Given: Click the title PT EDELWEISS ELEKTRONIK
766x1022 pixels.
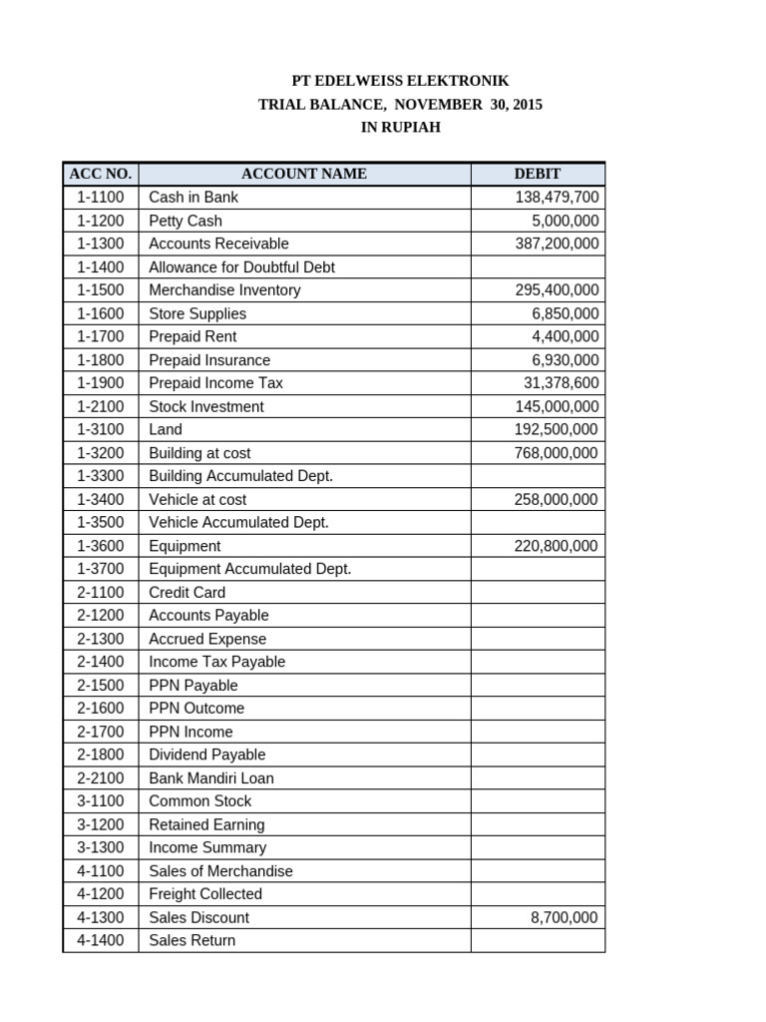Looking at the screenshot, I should click(399, 81).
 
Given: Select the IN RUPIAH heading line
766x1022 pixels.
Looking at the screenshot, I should click(399, 128).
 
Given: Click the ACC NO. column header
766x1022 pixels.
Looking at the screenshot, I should click(100, 174).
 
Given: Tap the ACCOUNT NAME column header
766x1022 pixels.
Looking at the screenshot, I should click(304, 174).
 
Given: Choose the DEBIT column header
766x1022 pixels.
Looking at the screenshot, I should click(537, 174).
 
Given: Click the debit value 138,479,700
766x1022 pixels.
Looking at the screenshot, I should click(557, 198).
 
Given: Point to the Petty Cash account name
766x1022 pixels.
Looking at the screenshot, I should click(186, 221).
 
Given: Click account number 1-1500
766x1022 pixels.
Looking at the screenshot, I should click(100, 290).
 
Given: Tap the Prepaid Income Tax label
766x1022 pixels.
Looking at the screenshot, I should click(215, 383).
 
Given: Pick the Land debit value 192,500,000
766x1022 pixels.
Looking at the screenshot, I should click(557, 429).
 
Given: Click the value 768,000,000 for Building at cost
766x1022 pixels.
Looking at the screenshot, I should click(557, 453).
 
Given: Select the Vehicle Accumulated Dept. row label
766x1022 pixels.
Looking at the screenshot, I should click(238, 522).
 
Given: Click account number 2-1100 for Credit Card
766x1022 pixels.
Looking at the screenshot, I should click(100, 592).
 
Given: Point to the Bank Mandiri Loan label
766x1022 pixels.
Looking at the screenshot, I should click(211, 777).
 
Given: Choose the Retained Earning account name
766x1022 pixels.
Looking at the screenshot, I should click(206, 824).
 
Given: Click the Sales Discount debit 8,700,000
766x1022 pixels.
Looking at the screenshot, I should click(565, 917).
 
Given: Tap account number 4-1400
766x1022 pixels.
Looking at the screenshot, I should click(100, 940).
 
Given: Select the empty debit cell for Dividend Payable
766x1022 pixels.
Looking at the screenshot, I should click(537, 755).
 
